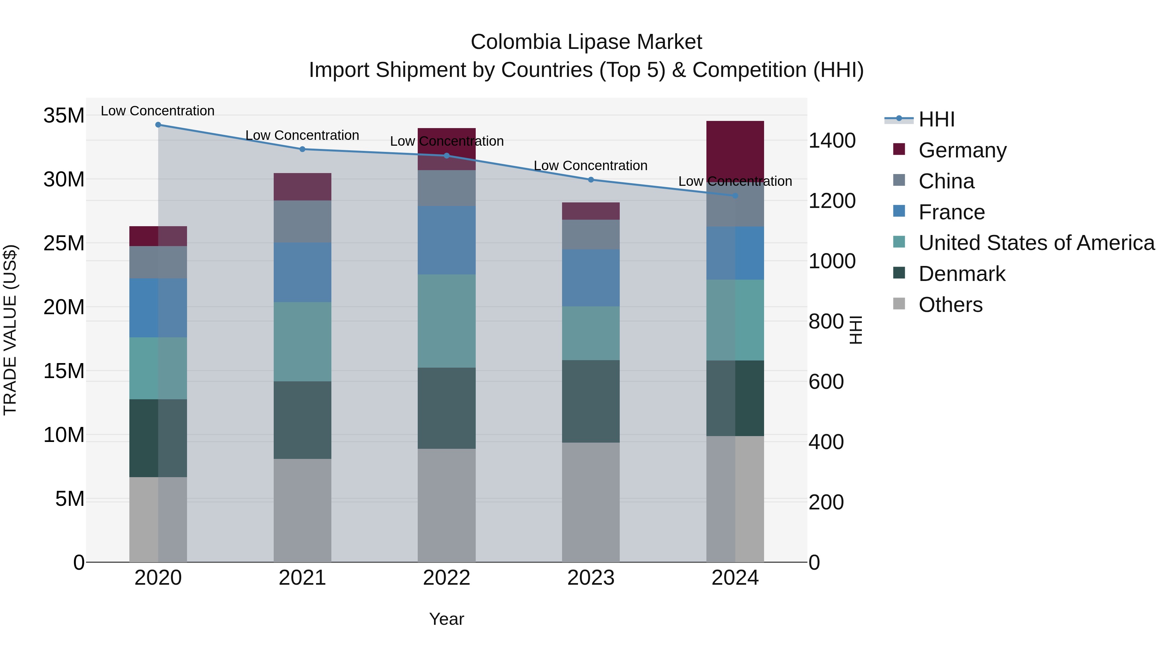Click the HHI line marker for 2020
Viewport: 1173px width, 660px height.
(158, 125)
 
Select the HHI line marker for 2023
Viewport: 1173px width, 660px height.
(591, 180)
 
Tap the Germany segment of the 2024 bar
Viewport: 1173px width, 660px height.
(735, 150)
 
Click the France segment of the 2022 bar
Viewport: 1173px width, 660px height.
(446, 240)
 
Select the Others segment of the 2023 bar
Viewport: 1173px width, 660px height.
(591, 502)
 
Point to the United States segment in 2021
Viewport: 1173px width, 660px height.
(302, 342)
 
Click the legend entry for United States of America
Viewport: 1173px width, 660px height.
(1036, 243)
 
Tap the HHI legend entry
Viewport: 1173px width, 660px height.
(936, 119)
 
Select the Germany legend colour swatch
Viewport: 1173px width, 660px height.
(899, 149)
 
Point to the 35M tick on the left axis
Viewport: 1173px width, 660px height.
(64, 115)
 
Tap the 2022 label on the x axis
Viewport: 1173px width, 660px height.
(446, 578)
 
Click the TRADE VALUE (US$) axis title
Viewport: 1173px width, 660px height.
(10, 330)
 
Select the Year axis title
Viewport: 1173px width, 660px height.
(446, 619)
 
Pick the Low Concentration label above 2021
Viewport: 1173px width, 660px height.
(302, 135)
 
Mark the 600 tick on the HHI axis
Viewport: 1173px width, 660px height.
(826, 382)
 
